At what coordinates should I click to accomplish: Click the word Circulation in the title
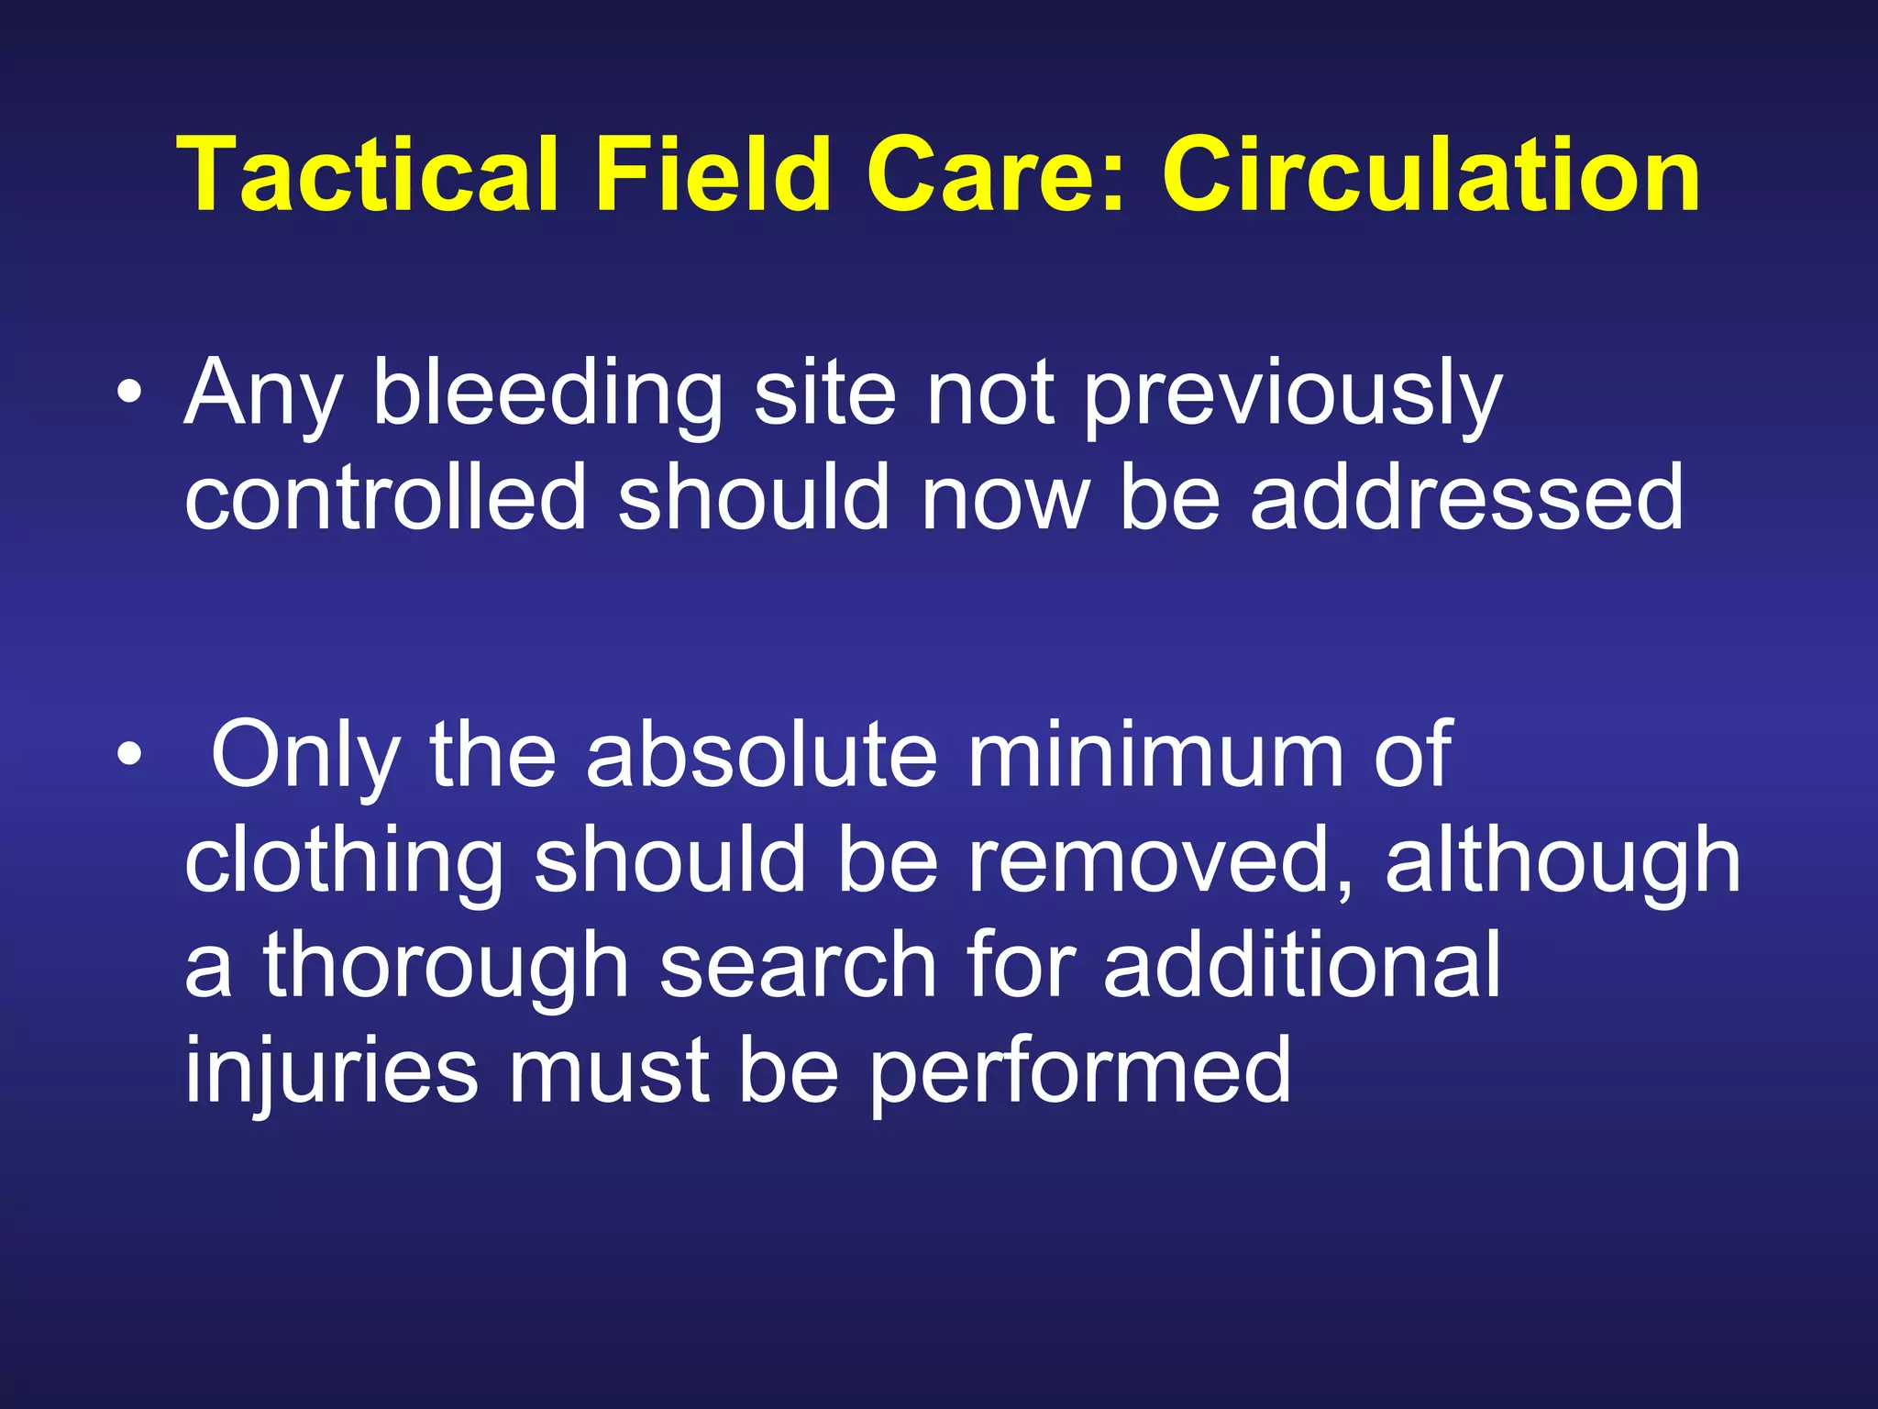[x=1431, y=174]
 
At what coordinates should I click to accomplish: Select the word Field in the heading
[x=713, y=174]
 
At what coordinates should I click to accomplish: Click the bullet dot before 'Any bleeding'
[x=130, y=394]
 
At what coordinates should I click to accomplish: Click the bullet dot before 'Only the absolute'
[x=130, y=755]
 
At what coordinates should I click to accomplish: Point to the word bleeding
[x=547, y=394]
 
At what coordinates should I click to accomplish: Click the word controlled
[x=385, y=498]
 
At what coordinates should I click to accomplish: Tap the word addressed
[x=1467, y=498]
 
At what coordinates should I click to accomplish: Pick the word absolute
[x=761, y=755]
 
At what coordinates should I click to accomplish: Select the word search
[x=798, y=966]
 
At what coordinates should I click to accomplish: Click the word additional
[x=1302, y=966]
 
